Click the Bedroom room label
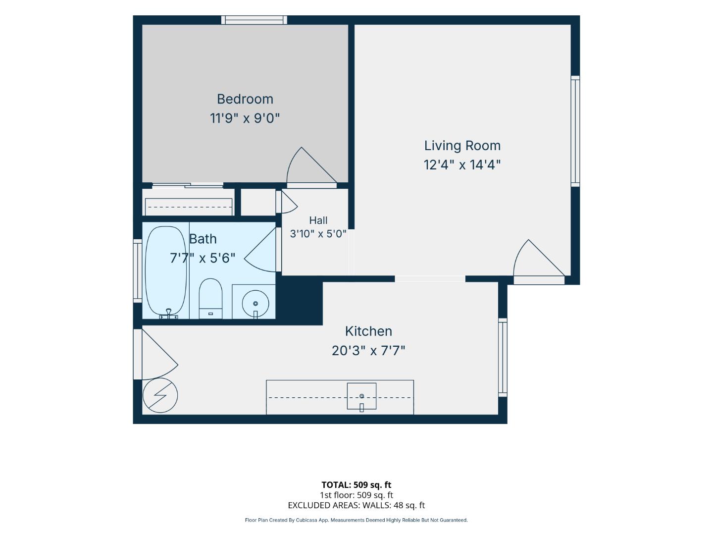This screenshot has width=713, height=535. click(245, 99)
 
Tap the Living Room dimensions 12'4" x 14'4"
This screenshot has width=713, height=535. click(462, 164)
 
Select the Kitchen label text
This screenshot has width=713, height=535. click(368, 331)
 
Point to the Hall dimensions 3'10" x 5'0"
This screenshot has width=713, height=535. click(318, 233)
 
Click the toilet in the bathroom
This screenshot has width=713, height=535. click(210, 299)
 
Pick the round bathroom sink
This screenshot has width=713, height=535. click(255, 303)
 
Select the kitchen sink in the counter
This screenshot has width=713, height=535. click(361, 396)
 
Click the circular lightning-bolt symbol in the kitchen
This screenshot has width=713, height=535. click(160, 395)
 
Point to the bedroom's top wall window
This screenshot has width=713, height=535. click(254, 20)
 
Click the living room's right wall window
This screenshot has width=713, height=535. click(575, 131)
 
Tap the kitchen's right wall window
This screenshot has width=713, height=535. click(503, 357)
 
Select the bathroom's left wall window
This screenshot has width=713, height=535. click(138, 271)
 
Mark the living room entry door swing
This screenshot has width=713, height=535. click(539, 262)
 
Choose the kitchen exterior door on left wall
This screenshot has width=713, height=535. click(155, 354)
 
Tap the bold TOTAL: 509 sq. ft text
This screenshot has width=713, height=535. click(356, 485)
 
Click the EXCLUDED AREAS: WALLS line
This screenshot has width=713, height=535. click(356, 505)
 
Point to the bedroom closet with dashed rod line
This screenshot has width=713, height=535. click(189, 202)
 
